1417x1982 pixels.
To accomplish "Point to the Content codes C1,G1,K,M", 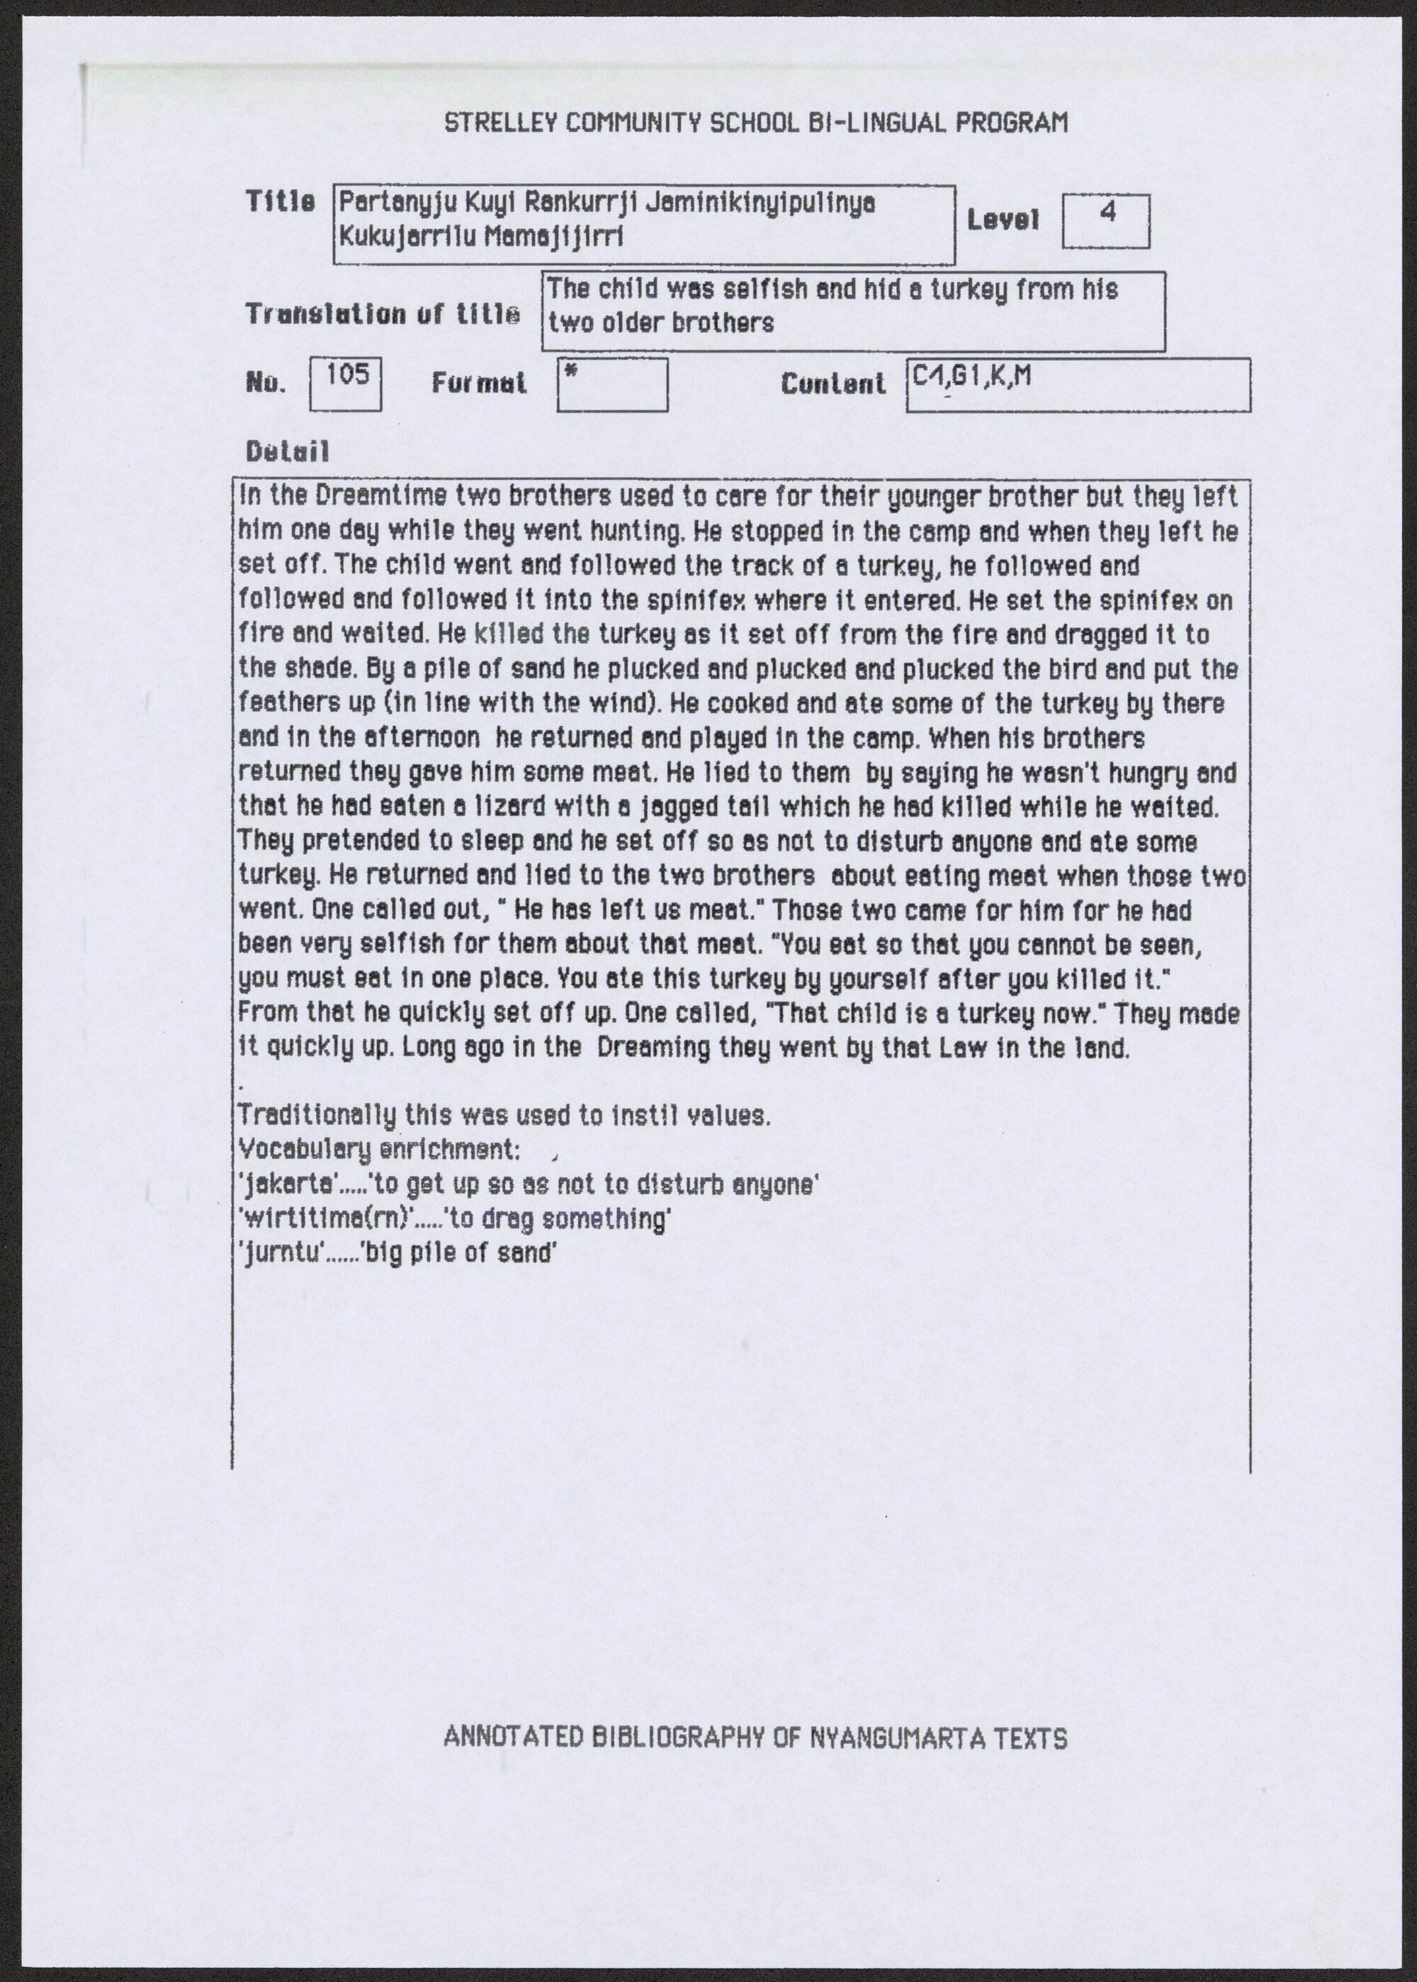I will (x=972, y=376).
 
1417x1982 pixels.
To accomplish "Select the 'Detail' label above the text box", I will (x=287, y=452).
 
